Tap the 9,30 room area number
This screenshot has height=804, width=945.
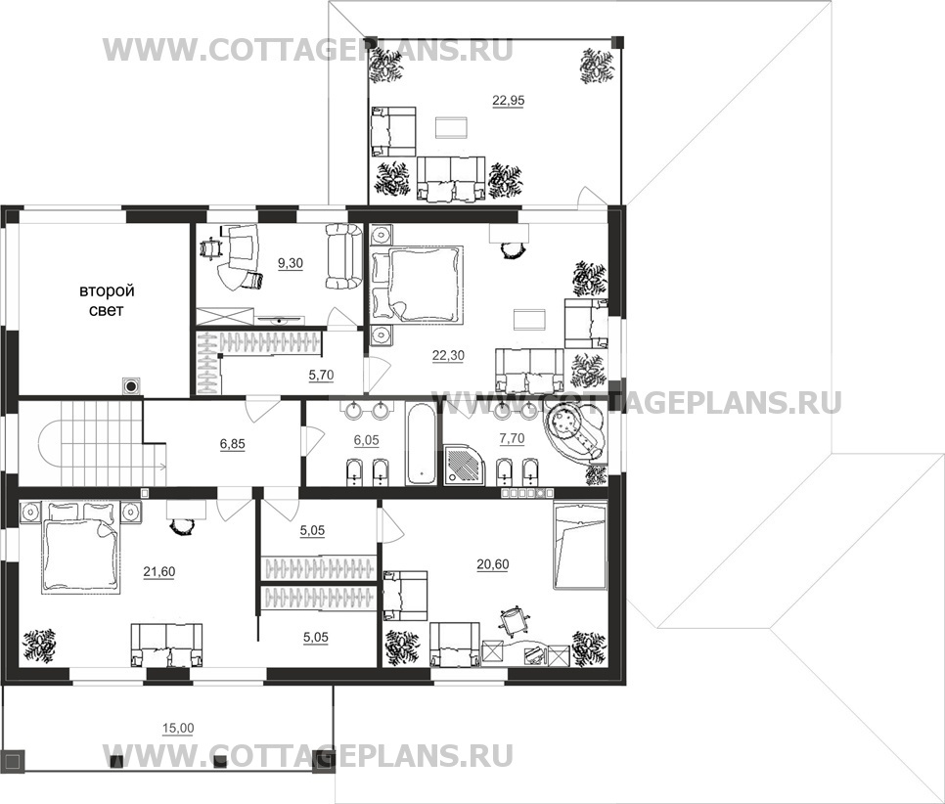pyautogui.click(x=291, y=263)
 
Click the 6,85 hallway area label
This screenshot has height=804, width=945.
pyautogui.click(x=233, y=443)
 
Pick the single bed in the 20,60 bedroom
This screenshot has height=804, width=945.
pyautogui.click(x=580, y=548)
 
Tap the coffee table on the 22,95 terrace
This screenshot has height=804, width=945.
pyautogui.click(x=450, y=127)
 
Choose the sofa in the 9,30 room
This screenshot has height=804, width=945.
pyautogui.click(x=343, y=256)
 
